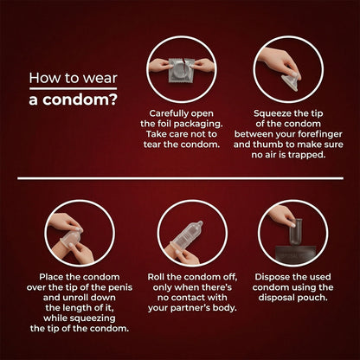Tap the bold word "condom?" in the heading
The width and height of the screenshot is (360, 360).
[x=80, y=100]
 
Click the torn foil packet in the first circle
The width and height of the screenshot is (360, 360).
[x=181, y=70]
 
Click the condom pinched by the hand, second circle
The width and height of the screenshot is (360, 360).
[x=290, y=81]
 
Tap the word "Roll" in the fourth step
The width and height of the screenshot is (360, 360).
[x=156, y=277]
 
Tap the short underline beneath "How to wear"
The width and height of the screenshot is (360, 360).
[x=73, y=88]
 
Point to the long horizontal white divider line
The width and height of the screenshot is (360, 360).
[x=180, y=178]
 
